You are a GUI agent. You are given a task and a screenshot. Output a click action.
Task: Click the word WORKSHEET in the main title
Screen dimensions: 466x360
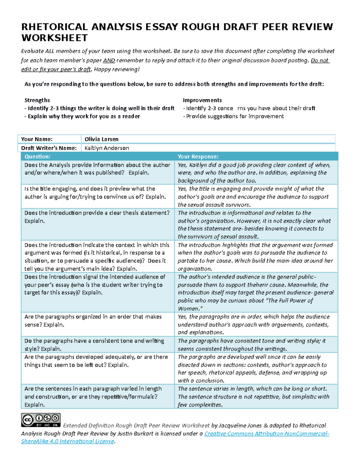coord(54,38)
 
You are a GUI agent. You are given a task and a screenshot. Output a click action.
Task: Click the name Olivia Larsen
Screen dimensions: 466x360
coord(101,139)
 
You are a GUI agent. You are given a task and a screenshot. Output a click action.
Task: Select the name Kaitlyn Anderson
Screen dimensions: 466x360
coord(107,148)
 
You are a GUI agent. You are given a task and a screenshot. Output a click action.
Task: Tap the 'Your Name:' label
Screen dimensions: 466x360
coord(37,139)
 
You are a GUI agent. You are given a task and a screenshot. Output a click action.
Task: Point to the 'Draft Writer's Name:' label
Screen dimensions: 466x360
coord(49,148)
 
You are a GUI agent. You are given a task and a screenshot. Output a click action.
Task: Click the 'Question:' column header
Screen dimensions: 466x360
coord(37,156)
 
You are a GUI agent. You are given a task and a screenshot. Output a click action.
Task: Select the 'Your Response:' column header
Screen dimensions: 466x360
coord(198,156)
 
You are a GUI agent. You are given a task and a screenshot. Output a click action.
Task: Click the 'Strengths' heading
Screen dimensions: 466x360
coord(37,100)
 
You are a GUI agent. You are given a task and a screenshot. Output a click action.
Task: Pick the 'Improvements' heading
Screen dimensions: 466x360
coord(202,100)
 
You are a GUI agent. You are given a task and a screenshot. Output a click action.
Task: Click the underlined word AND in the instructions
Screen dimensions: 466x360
coord(109,61)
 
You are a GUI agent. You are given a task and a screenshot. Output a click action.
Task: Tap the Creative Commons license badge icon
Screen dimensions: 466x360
coord(41,420)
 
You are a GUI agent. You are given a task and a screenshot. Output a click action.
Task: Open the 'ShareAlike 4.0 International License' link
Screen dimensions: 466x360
coord(67,441)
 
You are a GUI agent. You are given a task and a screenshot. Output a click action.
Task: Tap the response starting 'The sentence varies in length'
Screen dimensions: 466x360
coord(252,389)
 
